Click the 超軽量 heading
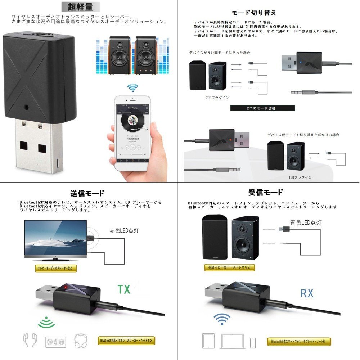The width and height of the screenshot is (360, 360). click(79, 7)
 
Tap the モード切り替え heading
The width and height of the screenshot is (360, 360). click(254, 13)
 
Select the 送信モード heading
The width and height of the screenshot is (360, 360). click(88, 193)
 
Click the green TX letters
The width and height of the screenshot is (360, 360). click(124, 289)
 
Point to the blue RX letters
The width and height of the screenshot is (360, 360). click(307, 293)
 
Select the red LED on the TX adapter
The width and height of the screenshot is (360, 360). click(66, 287)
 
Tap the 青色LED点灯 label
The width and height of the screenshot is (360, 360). click(306, 222)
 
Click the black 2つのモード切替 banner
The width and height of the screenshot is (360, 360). click(262, 108)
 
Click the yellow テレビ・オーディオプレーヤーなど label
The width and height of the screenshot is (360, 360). click(56, 268)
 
